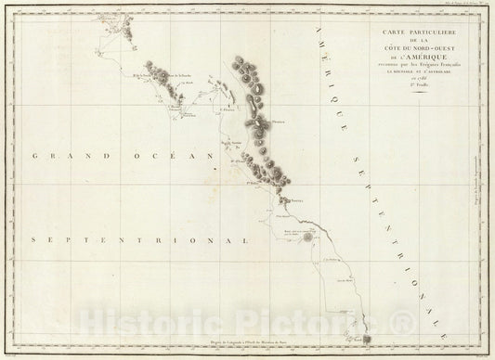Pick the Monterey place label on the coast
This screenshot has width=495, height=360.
click(298, 200)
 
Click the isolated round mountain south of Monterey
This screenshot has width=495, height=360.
click(307, 238)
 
